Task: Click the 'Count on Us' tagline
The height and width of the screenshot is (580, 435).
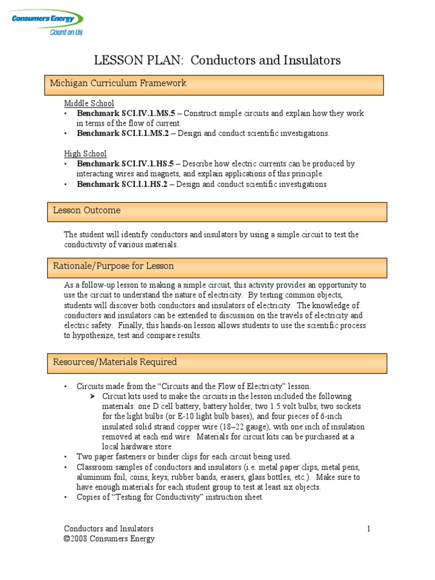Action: (66, 33)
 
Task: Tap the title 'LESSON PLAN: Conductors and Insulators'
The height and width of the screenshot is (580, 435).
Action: (217, 61)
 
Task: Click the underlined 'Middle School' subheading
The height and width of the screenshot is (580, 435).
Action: (89, 104)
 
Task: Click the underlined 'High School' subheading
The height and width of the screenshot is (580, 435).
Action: (85, 153)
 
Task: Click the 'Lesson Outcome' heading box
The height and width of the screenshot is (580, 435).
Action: (217, 211)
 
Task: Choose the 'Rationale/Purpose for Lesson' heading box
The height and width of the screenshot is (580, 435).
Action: (217, 267)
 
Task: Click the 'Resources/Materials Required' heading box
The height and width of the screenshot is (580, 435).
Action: (217, 362)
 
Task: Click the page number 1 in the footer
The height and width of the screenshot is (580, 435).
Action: (368, 529)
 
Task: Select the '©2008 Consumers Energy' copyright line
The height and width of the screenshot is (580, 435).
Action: (109, 539)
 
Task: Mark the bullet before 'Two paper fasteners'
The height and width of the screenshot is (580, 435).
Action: (66, 457)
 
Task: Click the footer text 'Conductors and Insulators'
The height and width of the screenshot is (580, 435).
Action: (109, 529)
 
